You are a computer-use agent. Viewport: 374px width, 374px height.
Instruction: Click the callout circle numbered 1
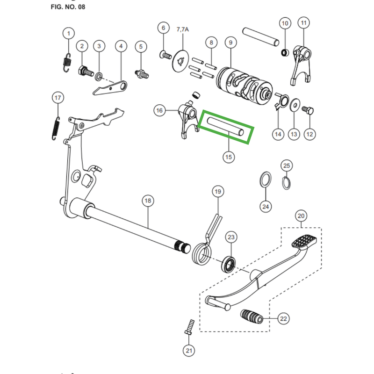coord(69,33)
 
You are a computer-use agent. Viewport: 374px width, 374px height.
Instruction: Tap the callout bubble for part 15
coord(229,157)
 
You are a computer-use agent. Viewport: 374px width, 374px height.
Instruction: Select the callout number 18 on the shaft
coord(148,201)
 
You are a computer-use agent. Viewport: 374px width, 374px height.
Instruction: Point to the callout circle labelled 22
coord(283,319)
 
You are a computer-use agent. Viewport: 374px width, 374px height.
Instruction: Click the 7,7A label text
coord(183,29)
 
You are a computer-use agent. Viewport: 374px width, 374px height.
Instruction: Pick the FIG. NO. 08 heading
coord(68,7)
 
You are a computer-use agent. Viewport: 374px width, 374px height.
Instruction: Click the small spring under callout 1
coord(67,63)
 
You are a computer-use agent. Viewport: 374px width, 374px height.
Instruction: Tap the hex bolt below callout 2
coord(86,71)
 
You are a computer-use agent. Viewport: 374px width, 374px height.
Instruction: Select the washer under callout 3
coord(99,77)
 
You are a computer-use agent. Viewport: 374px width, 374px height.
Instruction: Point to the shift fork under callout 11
coord(302,65)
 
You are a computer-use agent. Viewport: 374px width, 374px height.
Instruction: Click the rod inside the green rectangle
coord(226,126)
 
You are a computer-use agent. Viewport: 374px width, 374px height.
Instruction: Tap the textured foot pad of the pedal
coord(304,241)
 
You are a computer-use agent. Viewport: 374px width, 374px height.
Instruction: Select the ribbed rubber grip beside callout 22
coord(252,316)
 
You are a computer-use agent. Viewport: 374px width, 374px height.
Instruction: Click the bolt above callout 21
coord(189,327)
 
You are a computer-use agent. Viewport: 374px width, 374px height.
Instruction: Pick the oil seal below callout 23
coord(229,264)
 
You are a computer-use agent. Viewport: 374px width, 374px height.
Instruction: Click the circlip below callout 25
coord(286,183)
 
